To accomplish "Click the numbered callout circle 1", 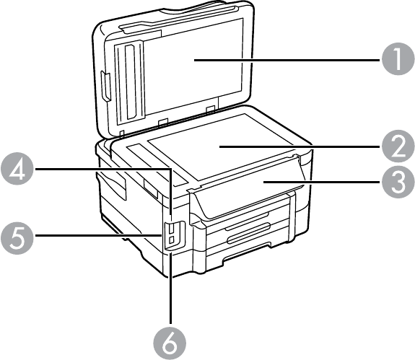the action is point(398,58).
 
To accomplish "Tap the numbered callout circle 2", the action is point(398,146).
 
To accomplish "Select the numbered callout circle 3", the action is point(398,182).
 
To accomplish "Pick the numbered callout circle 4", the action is point(17,169).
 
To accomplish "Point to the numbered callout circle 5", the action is point(17,235).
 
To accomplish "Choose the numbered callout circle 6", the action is point(170,343).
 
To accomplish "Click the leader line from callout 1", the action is point(288,60).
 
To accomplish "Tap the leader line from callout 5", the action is point(98,235).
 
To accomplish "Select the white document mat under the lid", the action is point(193,63).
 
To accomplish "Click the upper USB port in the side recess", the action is point(172,228).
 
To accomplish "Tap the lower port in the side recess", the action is point(171,240).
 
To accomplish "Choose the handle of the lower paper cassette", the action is point(248,233).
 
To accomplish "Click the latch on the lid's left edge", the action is point(105,87).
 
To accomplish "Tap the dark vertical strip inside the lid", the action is point(131,82).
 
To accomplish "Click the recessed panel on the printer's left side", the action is point(112,185).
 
